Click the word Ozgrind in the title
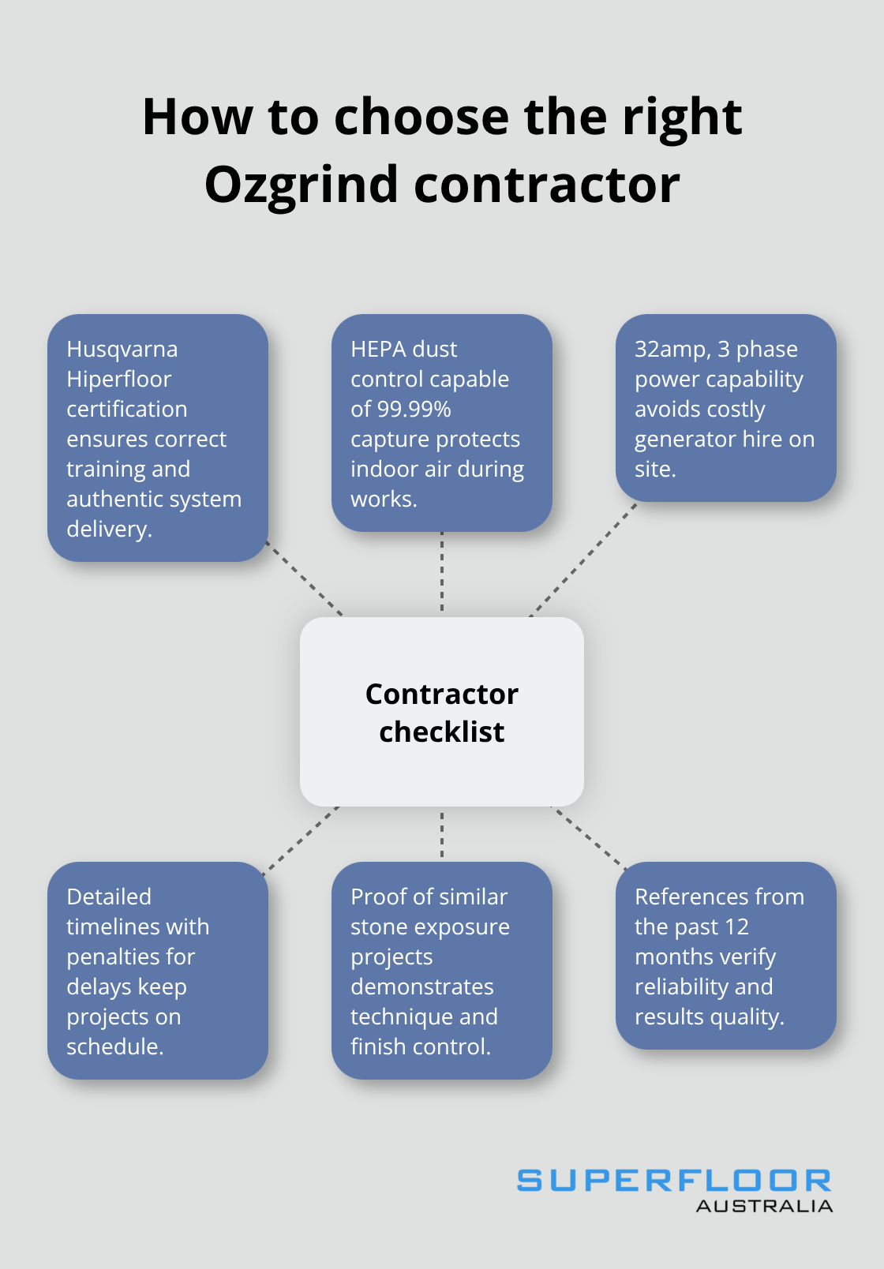(301, 186)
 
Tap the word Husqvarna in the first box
(122, 350)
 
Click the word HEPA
(377, 349)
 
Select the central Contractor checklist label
(442, 712)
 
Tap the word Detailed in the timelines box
(109, 897)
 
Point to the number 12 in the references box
(736, 926)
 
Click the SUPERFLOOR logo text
(673, 1181)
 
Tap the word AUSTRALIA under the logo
(763, 1206)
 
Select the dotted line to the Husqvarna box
(305, 579)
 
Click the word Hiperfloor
(118, 380)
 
